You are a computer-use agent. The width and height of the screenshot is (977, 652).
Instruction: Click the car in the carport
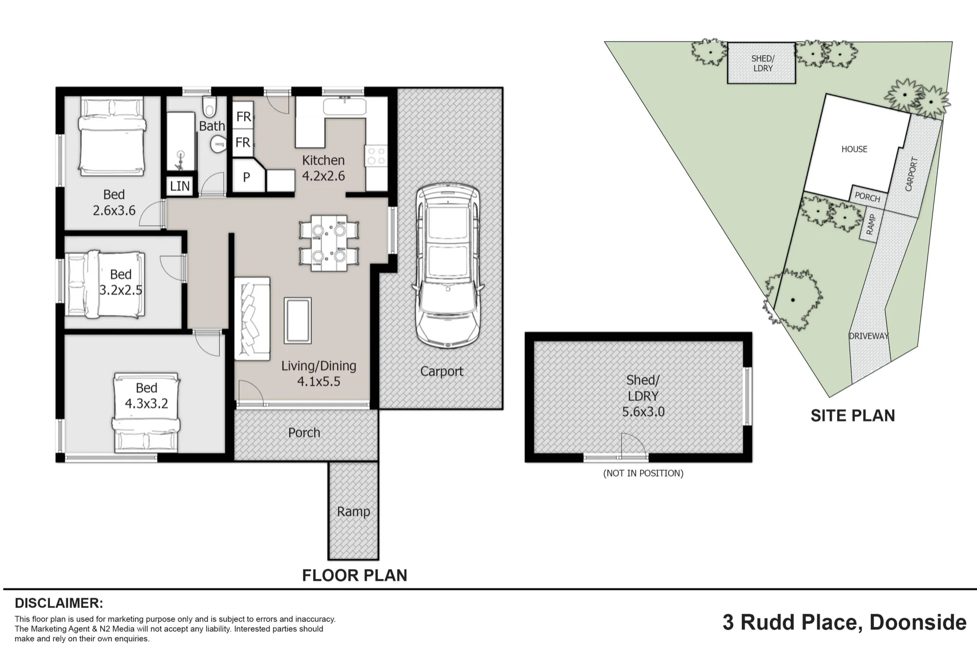coord(447,266)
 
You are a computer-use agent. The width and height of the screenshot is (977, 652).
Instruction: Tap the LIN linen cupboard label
coord(180,186)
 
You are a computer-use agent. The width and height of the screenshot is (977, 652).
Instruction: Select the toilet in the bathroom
coord(210,106)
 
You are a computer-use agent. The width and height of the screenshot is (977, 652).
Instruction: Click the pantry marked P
coord(247,177)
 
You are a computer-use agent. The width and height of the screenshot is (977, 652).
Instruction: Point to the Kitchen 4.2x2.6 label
coord(323,168)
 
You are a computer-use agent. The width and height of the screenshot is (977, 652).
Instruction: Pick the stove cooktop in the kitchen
coord(376,155)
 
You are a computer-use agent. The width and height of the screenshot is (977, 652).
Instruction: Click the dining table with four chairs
coord(329,243)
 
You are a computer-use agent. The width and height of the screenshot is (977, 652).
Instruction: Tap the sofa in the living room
coord(253,319)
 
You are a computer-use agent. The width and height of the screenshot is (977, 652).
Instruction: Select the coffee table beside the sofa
coord(297,321)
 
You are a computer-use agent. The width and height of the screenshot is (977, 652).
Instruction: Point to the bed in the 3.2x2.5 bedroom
coord(106,283)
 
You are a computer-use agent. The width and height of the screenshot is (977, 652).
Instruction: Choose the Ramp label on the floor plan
coord(354,512)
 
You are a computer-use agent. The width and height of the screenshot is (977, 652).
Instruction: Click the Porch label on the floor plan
coord(304,433)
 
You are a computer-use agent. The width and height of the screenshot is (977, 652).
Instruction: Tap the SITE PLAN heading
coord(853,415)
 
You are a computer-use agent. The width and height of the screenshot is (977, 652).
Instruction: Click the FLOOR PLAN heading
coord(355,575)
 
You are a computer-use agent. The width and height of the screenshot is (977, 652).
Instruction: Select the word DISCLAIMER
coord(59,603)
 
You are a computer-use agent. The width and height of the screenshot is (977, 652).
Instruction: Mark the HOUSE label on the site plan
coord(854,149)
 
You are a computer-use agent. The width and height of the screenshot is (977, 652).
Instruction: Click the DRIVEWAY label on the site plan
coord(869,336)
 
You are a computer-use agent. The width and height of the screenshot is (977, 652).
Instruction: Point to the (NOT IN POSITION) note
coord(643,473)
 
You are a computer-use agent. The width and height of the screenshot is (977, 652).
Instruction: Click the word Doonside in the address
coord(918,622)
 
